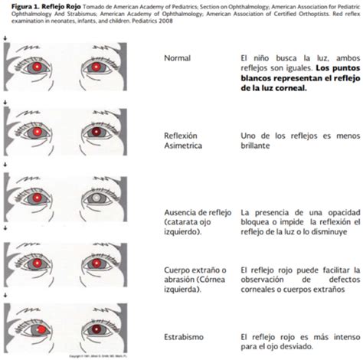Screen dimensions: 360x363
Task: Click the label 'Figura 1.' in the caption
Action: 16,5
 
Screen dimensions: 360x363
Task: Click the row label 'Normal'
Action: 178,58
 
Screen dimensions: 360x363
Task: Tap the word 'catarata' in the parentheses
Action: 181,222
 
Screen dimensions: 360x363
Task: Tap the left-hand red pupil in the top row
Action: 38,67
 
